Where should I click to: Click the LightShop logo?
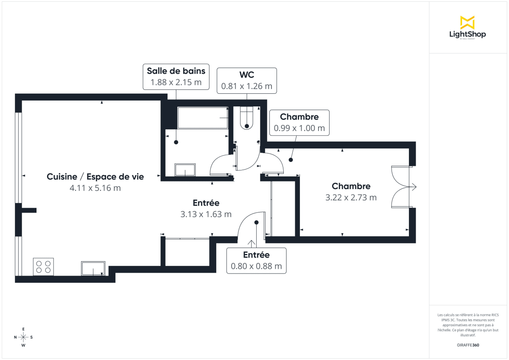point(467,28)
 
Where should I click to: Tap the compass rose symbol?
point(23,337)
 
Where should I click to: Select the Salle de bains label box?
point(176,76)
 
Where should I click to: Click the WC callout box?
point(247,81)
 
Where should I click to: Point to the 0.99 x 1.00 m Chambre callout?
point(299,123)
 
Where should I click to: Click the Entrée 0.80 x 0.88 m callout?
point(256,260)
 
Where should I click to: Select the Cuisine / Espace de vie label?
point(95,177)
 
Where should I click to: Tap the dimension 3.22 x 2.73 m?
point(351,197)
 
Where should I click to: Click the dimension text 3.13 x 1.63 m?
point(206,214)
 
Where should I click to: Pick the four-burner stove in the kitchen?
point(43,267)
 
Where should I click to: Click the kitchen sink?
point(93,268)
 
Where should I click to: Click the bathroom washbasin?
point(185,170)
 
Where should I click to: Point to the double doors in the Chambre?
point(401,187)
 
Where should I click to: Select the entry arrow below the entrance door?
point(252,243)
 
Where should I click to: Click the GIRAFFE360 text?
point(468,345)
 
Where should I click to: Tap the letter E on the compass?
point(23,329)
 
